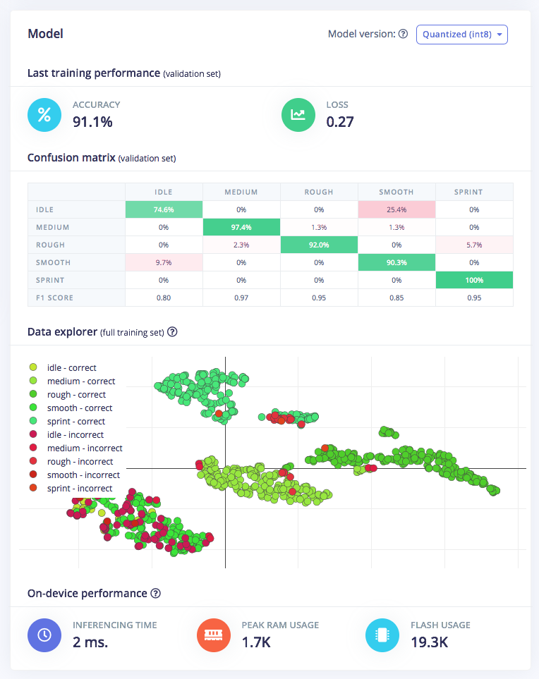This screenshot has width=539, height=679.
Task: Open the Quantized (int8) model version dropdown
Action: [461, 35]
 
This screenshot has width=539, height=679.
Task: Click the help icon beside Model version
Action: [403, 34]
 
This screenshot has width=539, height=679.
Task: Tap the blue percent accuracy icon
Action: [44, 115]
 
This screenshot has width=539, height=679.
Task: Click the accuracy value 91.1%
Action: [92, 121]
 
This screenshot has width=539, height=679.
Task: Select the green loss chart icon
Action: [298, 115]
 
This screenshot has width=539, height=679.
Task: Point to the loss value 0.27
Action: [339, 121]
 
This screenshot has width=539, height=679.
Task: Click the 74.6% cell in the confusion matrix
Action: [164, 209]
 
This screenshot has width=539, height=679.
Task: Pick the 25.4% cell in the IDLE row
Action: [396, 209]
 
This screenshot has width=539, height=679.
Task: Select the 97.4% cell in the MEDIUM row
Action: [241, 227]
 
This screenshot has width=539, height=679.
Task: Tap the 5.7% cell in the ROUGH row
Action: [474, 245]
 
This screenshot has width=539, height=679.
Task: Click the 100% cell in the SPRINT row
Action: [474, 280]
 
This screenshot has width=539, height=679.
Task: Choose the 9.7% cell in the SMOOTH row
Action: [164, 262]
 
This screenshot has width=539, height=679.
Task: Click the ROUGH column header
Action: [319, 192]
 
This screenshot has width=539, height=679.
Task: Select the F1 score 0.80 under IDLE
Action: [164, 298]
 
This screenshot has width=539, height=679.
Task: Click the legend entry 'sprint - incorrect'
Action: [79, 489]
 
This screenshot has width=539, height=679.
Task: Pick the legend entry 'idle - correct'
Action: [71, 367]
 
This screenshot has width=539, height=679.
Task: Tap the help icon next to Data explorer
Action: [172, 331]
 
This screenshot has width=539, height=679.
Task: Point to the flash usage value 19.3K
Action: [429, 642]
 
